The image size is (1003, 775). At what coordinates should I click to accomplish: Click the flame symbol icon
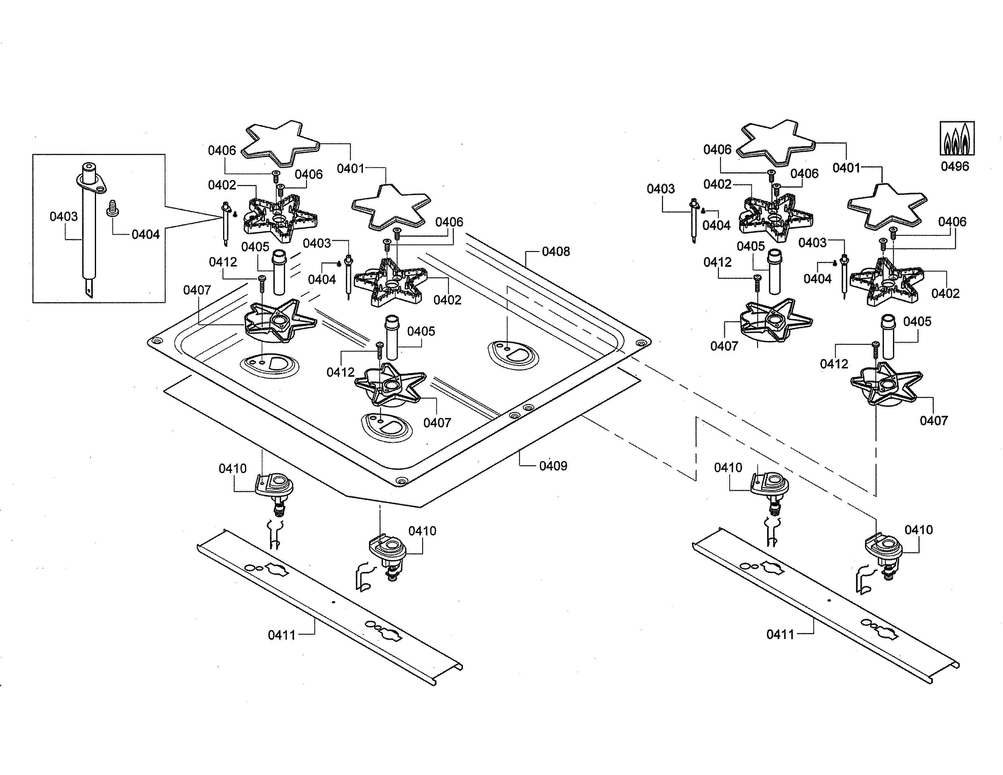[x=957, y=139]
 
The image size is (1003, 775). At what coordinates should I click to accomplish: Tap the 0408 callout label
[x=556, y=252]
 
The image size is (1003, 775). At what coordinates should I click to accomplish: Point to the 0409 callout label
[x=553, y=466]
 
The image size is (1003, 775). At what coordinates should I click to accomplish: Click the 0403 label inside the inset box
[x=64, y=216]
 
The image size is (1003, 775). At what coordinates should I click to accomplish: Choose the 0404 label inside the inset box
[x=146, y=235]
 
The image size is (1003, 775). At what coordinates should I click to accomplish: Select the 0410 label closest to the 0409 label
[x=422, y=531]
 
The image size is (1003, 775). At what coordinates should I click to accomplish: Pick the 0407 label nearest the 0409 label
[x=437, y=423]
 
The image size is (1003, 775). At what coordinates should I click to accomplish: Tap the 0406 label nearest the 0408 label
[x=449, y=222]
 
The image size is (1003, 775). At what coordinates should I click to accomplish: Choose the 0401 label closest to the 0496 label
[x=846, y=168]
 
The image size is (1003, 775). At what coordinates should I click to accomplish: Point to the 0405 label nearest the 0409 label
[x=421, y=332]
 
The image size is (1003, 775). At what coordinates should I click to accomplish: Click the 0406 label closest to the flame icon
[x=952, y=222]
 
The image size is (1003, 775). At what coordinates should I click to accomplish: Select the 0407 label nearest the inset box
[x=197, y=290]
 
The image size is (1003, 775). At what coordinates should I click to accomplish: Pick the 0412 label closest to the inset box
[x=223, y=262]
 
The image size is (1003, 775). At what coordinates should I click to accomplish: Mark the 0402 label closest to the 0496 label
[x=946, y=293]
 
